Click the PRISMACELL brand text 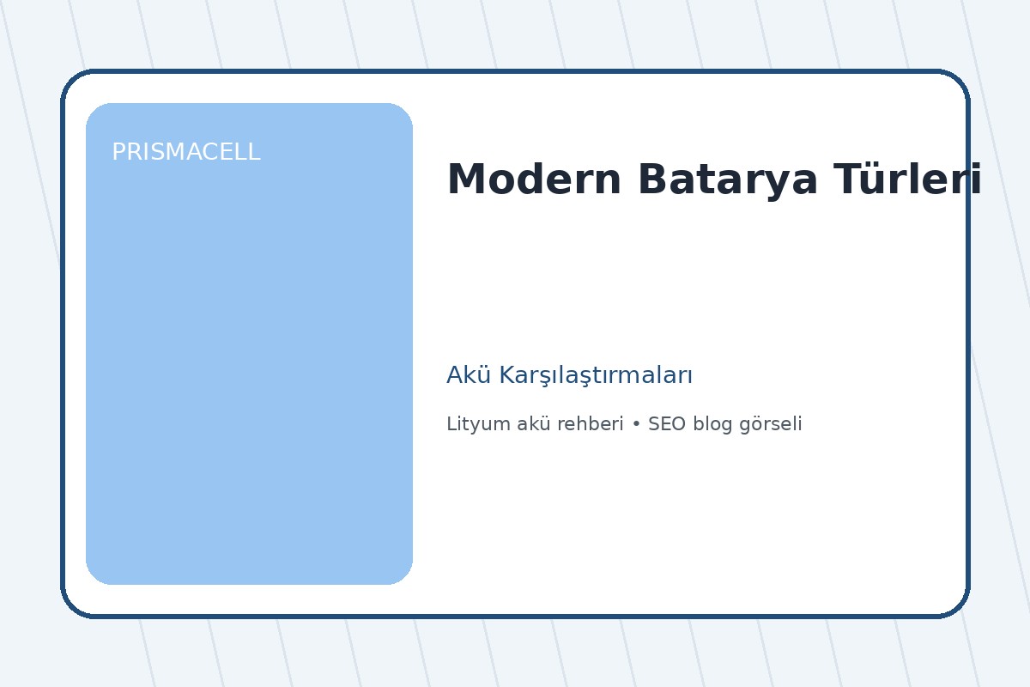click(185, 152)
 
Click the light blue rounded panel click(249, 361)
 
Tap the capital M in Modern click(464, 180)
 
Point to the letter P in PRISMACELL click(118, 152)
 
